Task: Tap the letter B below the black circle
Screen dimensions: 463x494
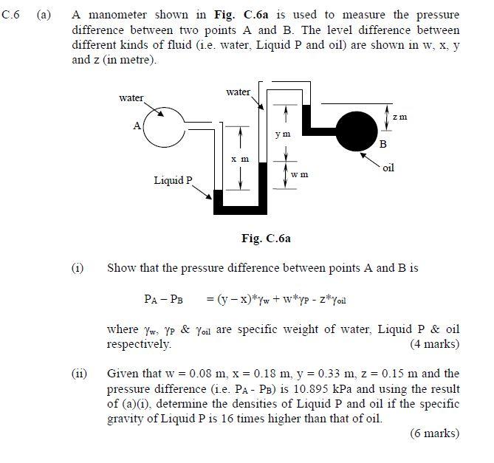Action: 382,145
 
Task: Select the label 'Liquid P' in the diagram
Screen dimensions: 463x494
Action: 173,180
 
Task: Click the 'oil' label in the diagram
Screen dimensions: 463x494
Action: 389,168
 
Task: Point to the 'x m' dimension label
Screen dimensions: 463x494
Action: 240,160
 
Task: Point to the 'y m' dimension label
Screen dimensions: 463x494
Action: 283,134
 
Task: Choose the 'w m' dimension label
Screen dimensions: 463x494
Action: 299,175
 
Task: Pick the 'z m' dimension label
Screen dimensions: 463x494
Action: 399,117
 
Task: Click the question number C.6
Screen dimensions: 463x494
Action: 10,14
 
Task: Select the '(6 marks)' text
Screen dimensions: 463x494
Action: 433,433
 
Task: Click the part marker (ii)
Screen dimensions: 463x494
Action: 78,374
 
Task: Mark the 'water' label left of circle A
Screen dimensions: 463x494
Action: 131,97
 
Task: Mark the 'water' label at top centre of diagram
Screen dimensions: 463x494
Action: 238,92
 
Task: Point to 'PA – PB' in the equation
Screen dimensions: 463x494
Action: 163,299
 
